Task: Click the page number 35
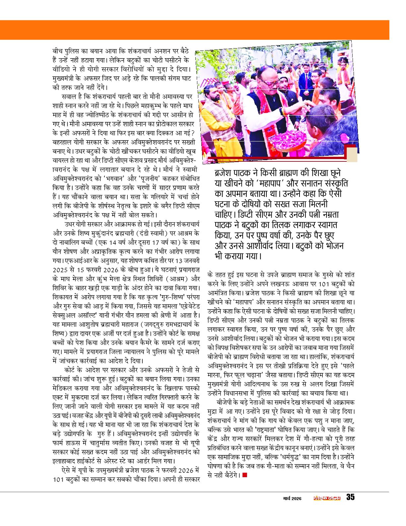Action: click(350, 497)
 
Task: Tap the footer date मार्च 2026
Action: click(292, 498)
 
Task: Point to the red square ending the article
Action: click(245, 475)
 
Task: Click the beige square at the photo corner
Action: click(352, 155)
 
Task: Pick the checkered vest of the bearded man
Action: click(212, 116)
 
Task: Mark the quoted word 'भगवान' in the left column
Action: click(114, 177)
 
